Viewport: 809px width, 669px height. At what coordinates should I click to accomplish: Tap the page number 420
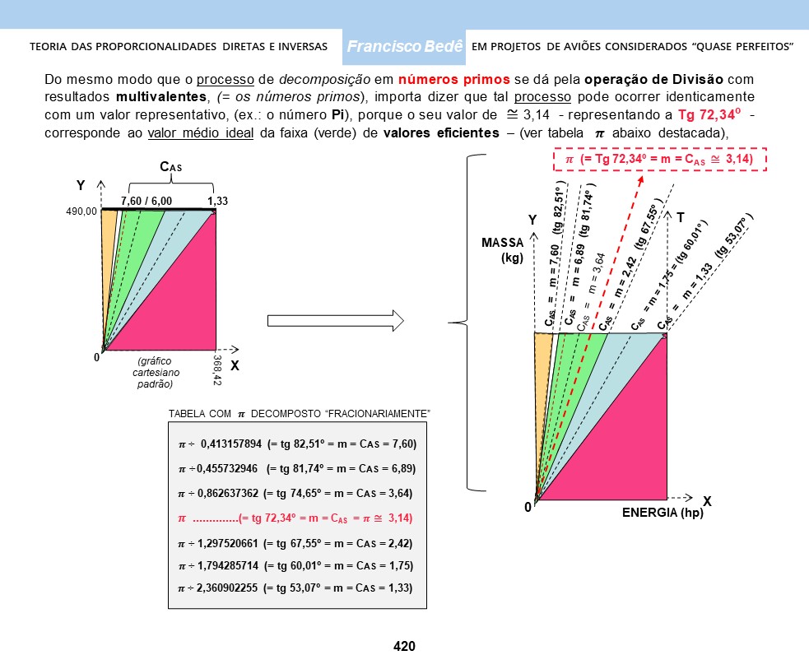point(404,647)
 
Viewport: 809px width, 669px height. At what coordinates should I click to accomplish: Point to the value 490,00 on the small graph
point(81,211)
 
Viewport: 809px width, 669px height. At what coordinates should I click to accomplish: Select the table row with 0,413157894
point(297,444)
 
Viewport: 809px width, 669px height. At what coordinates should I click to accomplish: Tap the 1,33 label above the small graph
point(218,200)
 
